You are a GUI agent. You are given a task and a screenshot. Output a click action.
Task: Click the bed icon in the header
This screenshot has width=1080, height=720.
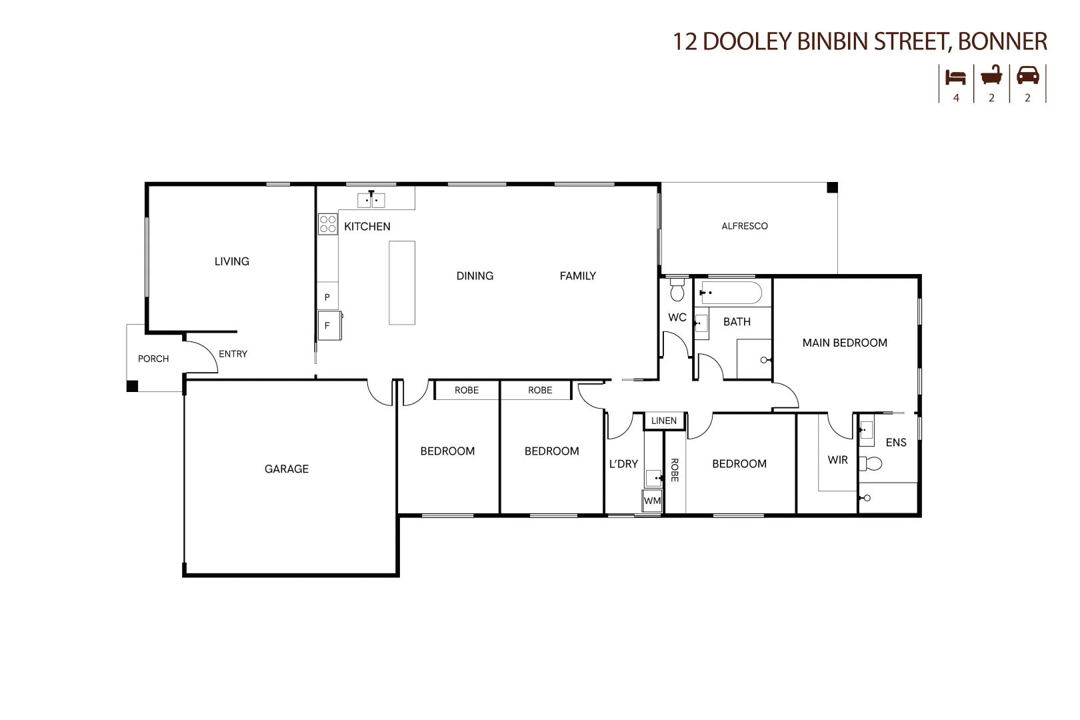pos(955,77)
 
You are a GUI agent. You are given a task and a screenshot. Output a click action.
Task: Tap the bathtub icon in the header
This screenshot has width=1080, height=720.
pos(991,75)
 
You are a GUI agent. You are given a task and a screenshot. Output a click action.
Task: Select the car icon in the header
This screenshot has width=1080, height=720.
pos(1027,75)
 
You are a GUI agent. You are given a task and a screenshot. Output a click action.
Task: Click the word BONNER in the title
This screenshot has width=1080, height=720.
pos(1002,41)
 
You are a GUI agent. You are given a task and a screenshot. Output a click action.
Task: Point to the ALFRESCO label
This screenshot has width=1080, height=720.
pos(744,226)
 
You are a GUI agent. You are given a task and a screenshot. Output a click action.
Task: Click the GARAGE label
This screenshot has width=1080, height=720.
pos(286,469)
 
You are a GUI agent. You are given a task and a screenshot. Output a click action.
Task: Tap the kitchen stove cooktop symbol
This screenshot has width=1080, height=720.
pos(327,224)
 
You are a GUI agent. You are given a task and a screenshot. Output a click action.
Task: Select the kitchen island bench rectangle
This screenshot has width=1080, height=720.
pos(402,283)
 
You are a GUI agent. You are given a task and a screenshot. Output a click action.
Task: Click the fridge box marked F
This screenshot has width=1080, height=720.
pos(328,325)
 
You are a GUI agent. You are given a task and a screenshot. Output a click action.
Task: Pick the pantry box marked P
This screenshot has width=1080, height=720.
pos(327,297)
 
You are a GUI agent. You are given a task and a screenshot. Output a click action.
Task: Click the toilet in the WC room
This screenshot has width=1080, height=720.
pos(677,291)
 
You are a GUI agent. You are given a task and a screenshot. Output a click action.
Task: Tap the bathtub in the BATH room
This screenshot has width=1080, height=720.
pos(731,293)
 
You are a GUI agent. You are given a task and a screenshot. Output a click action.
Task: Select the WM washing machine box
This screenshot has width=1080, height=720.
pos(652,501)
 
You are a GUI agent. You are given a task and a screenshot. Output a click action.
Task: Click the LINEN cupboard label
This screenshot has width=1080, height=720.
pos(663,421)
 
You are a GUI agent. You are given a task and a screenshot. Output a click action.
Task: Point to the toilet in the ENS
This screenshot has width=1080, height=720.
pos(871,463)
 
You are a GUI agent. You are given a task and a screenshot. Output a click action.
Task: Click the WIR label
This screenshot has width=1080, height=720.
pos(837,459)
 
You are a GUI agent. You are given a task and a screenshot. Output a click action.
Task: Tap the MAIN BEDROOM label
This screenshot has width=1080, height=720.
pos(844,343)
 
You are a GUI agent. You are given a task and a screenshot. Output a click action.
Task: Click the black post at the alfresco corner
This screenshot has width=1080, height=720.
pos(832,188)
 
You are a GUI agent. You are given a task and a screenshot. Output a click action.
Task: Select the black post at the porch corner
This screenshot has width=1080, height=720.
pos(132,386)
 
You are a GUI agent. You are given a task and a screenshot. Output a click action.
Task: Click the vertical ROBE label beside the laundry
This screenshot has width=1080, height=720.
pos(674,469)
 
